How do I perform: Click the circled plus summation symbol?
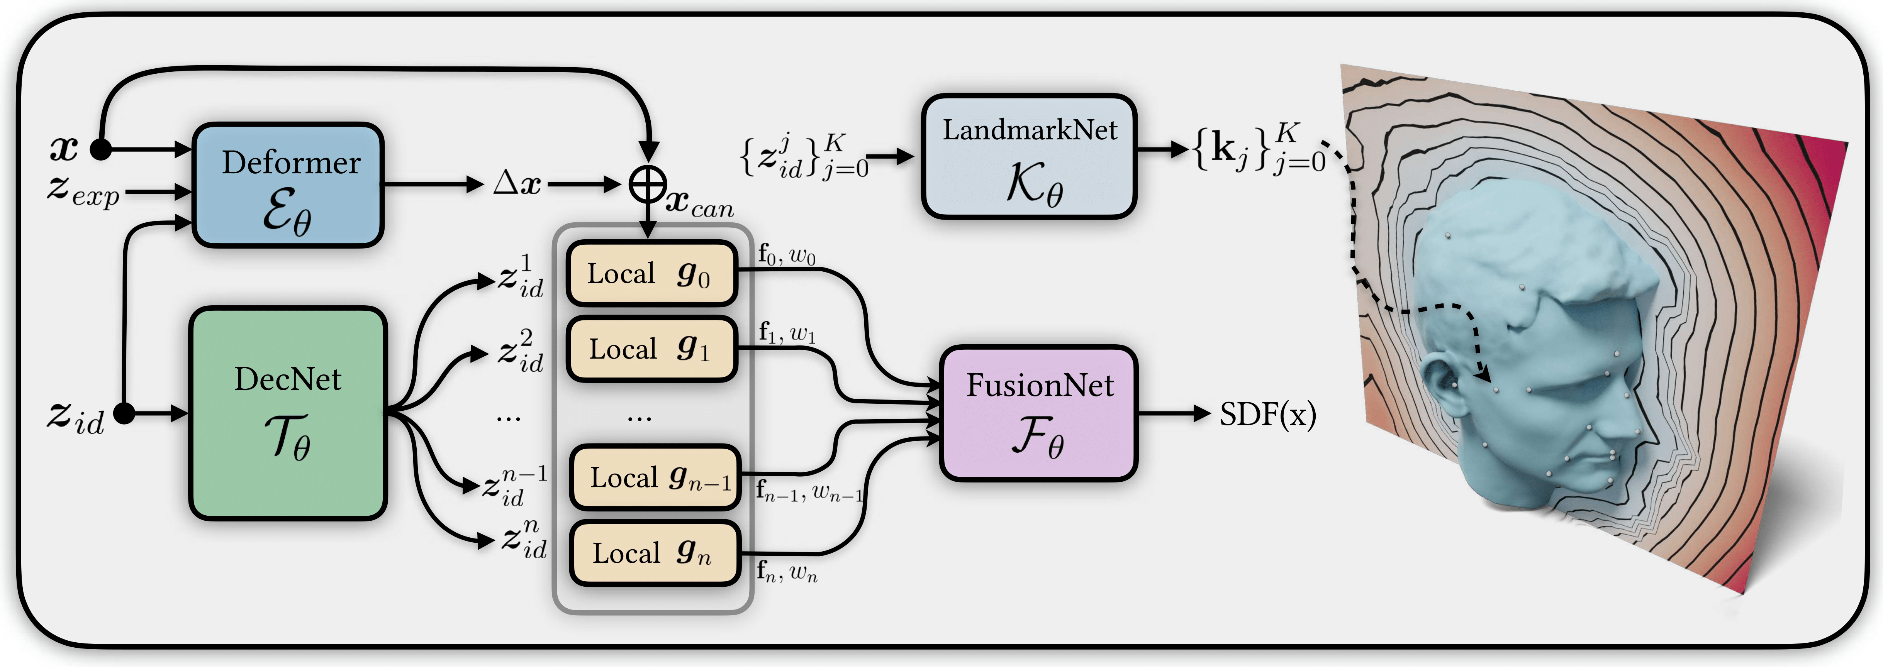pyautogui.click(x=648, y=184)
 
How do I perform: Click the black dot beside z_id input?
pyautogui.click(x=125, y=413)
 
